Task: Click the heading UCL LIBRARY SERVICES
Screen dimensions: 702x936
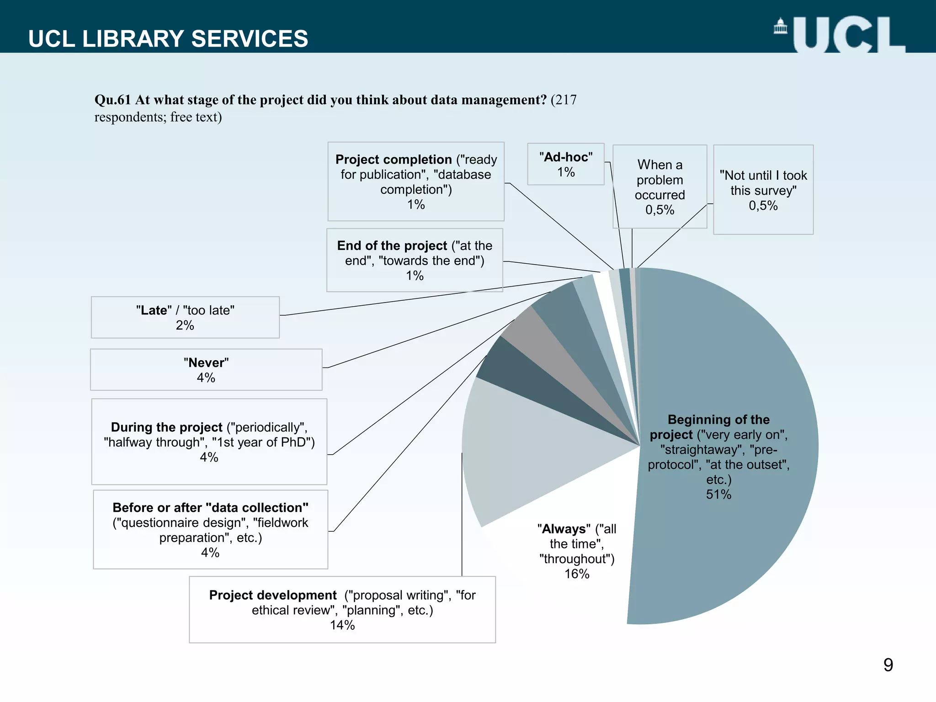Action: [168, 39]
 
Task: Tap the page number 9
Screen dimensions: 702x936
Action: [888, 665]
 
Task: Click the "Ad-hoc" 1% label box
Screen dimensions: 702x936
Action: [565, 164]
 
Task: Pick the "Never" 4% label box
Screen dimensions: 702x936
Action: [206, 370]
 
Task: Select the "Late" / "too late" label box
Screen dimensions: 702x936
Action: [185, 317]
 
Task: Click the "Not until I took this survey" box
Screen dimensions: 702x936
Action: [763, 190]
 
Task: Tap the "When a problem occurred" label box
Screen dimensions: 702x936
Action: [659, 186]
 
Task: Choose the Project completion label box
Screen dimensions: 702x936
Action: [416, 181]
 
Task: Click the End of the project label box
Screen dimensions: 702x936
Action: [415, 260]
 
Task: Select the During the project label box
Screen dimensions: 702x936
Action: [209, 441]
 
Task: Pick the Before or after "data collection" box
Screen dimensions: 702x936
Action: [210, 529]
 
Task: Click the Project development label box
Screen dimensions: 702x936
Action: [342, 609]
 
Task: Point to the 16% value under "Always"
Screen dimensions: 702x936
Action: [577, 574]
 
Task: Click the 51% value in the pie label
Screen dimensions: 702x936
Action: [718, 495]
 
